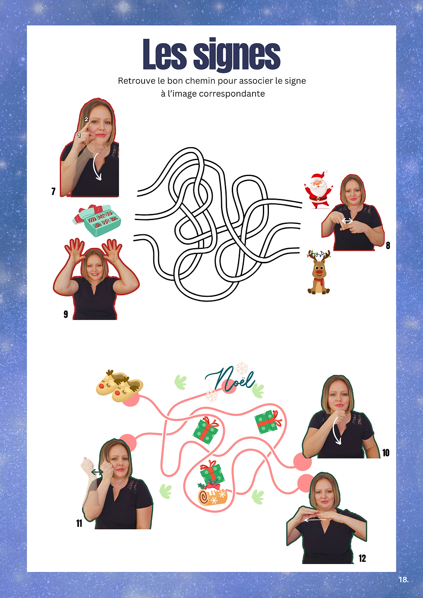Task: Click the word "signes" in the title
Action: pos(237,55)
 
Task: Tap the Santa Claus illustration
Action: pos(319,189)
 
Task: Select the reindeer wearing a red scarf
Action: pos(319,272)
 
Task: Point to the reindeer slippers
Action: pos(120,385)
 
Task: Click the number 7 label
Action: pos(54,192)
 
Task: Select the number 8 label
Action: pos(388,245)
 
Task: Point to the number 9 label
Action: pos(66,314)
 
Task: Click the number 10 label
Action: pos(386,453)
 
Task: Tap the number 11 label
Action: pos(79,523)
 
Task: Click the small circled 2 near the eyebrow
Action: pos(86,120)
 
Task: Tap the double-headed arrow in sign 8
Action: pos(347,221)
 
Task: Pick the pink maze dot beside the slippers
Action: pos(131,400)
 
